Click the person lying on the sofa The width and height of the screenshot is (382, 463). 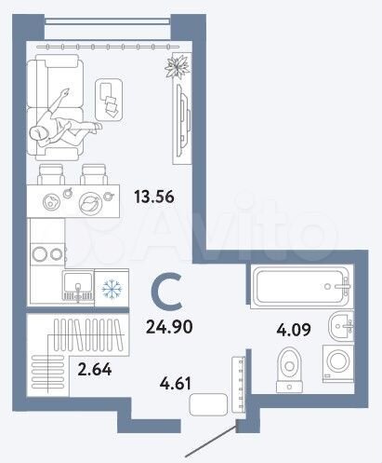point(60,122)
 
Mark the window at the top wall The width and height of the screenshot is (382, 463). point(104,41)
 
